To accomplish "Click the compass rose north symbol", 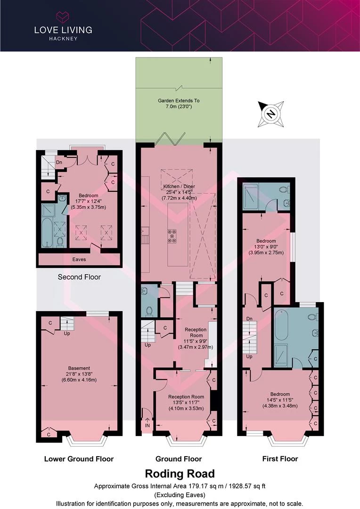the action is [271, 114].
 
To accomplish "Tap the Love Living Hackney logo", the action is [63, 26].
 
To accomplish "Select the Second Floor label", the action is [79, 277].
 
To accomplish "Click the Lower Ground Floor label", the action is [79, 459].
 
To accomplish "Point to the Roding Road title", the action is [180, 474].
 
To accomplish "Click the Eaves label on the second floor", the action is [79, 259].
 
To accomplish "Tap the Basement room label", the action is [79, 374].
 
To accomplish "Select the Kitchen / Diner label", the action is [180, 192].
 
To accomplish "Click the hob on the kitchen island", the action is [172, 236].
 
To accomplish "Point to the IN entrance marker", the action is [147, 425].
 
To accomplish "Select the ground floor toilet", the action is [149, 311].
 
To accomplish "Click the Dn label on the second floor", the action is [59, 162].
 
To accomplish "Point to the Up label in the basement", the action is [67, 333].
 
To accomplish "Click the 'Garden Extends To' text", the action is [179, 101].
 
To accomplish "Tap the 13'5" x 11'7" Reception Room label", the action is [186, 402].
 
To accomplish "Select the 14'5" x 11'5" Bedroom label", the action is [280, 400].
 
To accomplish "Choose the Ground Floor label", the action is [179, 459].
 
